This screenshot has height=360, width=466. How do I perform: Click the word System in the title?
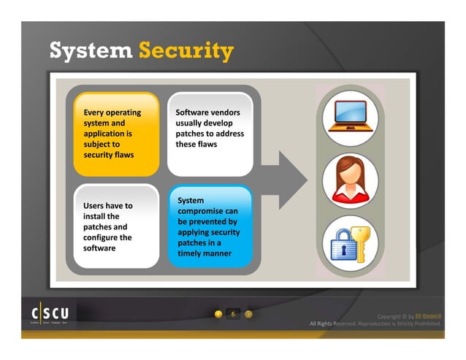pos(90,51)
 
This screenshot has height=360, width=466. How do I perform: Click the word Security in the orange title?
pos(186,51)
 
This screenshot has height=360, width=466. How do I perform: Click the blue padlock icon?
pos(342,246)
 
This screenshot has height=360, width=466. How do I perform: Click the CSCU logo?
pos(50,313)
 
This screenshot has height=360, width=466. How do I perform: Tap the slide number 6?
pos(233,314)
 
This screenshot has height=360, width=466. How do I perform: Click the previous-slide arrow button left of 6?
pos(218,314)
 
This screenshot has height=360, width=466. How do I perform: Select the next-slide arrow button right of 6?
pos(248,314)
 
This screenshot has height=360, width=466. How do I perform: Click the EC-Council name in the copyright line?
pos(429,316)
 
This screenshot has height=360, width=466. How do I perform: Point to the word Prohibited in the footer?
pos(422,323)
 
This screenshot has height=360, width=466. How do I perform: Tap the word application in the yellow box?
pos(107,134)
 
